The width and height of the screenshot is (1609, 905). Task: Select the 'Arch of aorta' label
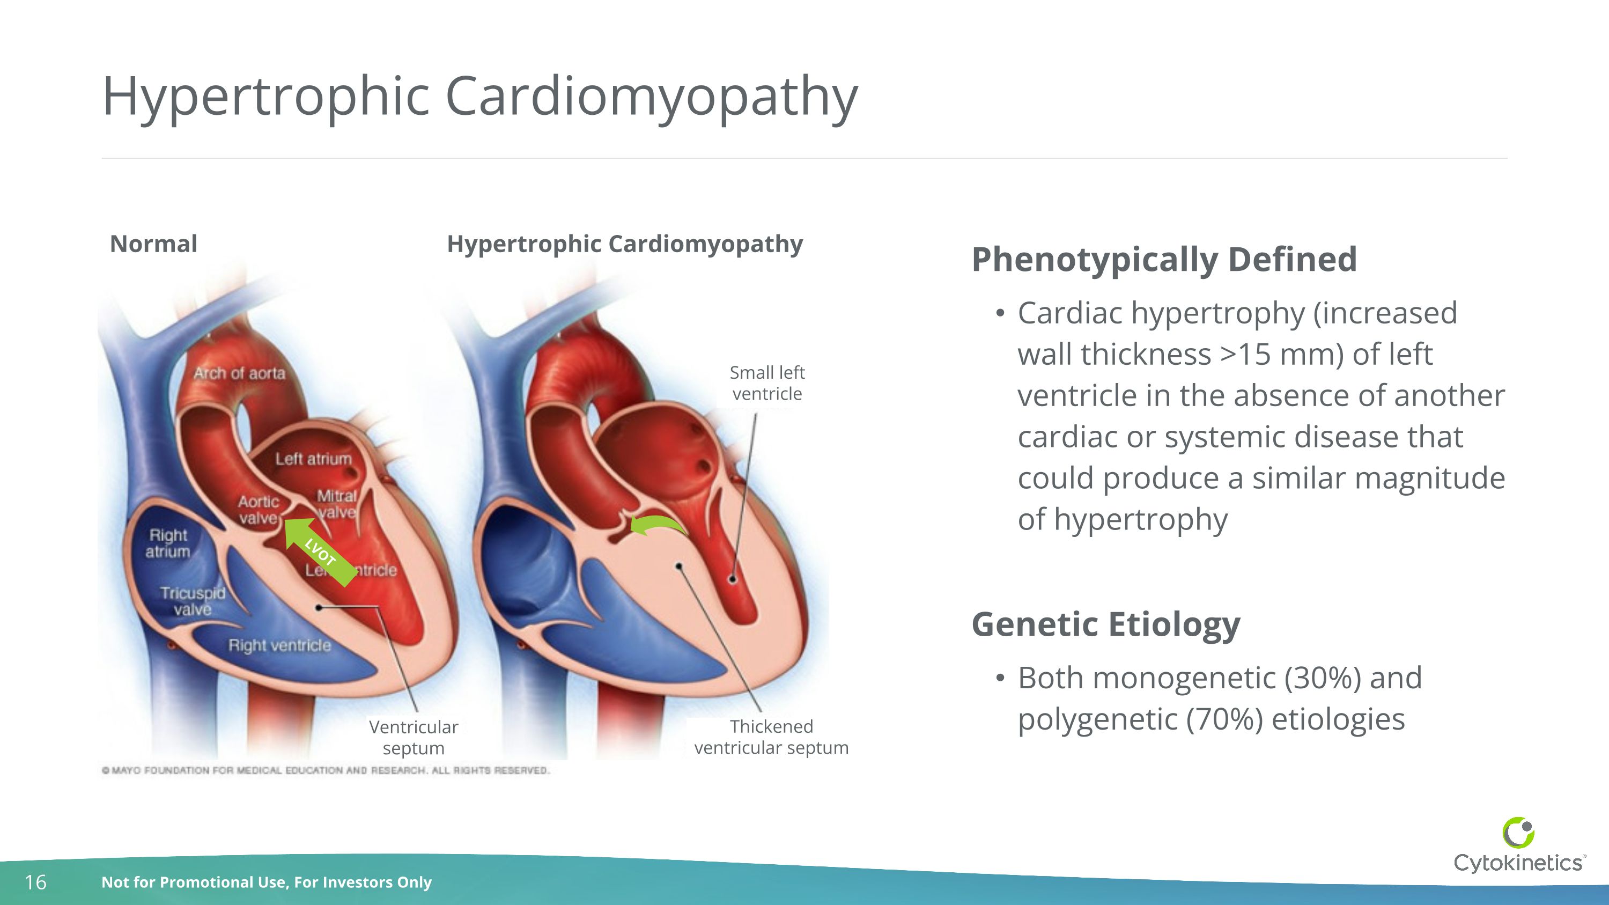(239, 373)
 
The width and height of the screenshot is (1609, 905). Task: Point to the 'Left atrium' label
(314, 459)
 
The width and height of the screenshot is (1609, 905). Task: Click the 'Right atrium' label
(168, 543)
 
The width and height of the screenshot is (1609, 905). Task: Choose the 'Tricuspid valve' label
(193, 601)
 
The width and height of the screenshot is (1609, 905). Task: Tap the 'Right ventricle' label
(279, 645)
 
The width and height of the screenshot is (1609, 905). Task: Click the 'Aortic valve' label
(258, 510)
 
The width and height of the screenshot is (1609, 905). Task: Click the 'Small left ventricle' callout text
(767, 383)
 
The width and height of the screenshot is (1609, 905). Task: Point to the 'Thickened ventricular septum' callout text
(771, 737)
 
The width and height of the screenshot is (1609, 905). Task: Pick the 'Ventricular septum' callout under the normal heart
(414, 738)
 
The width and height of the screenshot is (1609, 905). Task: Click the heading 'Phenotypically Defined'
(1164, 259)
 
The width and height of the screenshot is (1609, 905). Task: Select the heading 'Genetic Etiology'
(1105, 624)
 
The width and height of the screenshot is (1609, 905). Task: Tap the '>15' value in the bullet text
(1245, 354)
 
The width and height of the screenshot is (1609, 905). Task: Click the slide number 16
(35, 882)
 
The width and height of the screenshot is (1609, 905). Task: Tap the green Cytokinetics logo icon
(1518, 833)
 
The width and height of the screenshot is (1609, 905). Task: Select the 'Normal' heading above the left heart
(153, 244)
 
